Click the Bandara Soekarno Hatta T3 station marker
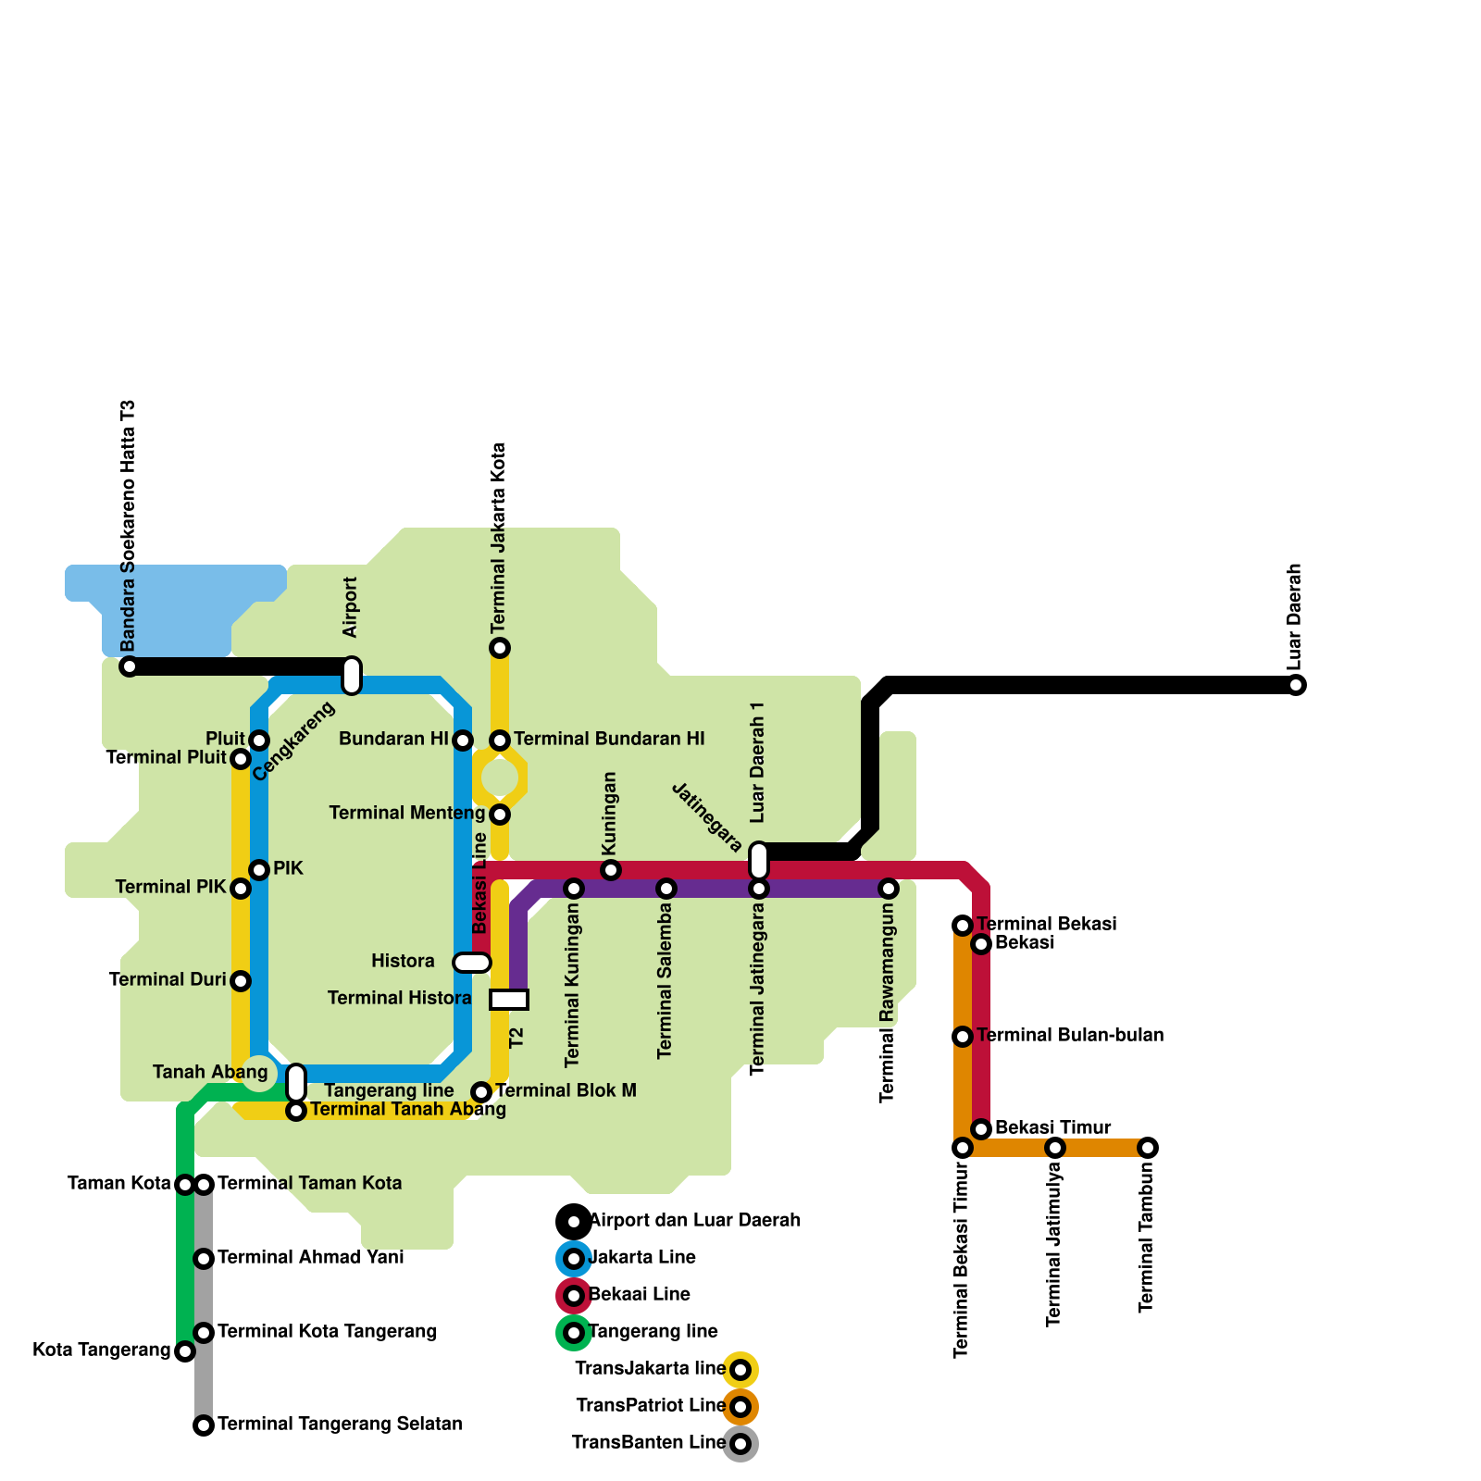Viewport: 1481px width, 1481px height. [130, 666]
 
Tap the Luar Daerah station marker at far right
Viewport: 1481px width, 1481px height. [1296, 685]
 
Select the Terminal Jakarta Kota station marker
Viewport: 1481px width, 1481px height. [500, 648]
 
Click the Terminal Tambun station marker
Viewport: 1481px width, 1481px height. [1148, 1148]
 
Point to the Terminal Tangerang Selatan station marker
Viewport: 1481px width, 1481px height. [204, 1425]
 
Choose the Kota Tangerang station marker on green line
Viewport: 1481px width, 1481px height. [185, 1351]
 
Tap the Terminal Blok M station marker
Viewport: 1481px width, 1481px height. [481, 1092]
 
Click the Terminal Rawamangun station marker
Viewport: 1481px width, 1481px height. [889, 889]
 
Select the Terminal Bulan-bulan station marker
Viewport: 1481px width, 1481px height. [963, 1037]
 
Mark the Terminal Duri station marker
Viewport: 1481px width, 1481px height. [241, 981]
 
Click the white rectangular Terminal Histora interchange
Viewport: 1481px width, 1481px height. [509, 1000]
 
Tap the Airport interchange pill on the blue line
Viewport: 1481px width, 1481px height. [352, 676]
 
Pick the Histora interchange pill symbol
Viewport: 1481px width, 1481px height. [472, 963]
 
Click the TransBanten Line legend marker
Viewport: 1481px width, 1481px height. [740, 1444]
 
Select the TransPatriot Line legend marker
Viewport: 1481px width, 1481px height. [740, 1407]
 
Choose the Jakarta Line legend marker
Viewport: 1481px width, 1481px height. [574, 1259]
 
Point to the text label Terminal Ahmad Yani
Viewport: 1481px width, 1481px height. [310, 1258]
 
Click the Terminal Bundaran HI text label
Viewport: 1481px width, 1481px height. [609, 740]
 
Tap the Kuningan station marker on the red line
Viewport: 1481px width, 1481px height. [611, 870]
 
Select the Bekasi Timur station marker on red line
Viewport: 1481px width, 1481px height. [981, 1129]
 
